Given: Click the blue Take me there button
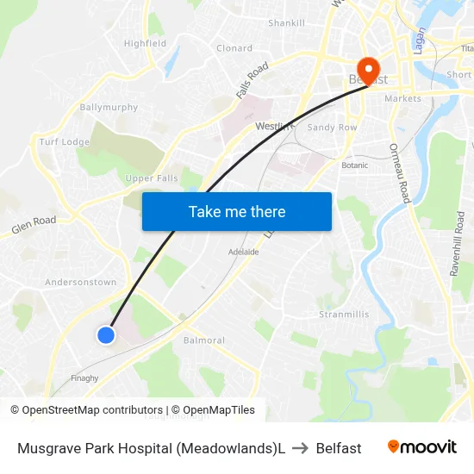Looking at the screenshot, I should click(x=236, y=211).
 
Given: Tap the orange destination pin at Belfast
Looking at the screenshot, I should click(x=368, y=70).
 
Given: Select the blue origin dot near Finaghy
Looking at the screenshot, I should click(x=106, y=334).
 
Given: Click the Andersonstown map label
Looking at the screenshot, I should click(x=80, y=282).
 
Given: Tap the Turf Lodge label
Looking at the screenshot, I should click(x=65, y=141).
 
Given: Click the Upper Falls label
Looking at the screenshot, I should click(x=152, y=178).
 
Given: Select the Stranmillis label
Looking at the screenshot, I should click(x=344, y=315).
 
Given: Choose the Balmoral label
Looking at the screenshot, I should click(x=204, y=340).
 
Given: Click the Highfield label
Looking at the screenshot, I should click(x=144, y=43).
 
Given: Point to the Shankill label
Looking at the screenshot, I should click(x=286, y=22).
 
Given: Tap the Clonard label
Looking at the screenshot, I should click(x=234, y=48).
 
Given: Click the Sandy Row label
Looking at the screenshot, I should click(x=332, y=127).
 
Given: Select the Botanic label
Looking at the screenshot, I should click(x=354, y=165).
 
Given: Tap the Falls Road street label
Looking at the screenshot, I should click(x=253, y=78).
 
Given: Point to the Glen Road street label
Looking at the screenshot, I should click(x=34, y=226).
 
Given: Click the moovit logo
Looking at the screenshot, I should click(x=422, y=447).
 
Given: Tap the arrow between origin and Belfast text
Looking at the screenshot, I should click(x=300, y=448).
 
